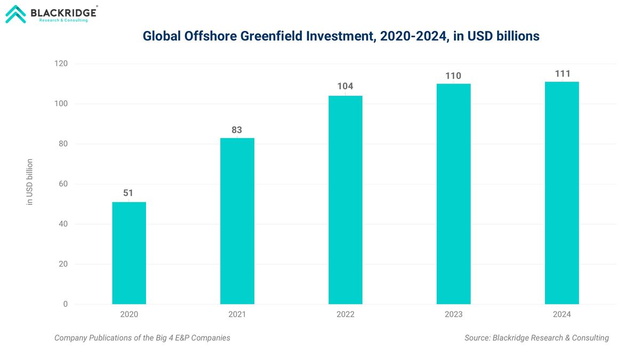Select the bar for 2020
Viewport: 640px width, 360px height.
coord(129,253)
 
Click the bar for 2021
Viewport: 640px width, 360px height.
coord(237,221)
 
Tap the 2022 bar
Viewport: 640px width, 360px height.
coord(345,200)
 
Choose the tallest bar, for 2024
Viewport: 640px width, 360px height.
coord(562,193)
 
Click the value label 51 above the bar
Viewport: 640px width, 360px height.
coord(129,193)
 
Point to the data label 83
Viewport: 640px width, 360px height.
coord(237,130)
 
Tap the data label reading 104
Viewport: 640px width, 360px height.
coord(345,86)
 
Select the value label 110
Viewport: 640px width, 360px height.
coord(453,76)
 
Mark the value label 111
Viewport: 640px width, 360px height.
coord(562,74)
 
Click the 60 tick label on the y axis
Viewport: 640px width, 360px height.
coord(63,184)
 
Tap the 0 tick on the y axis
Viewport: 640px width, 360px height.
coord(66,304)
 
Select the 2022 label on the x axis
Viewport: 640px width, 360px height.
coord(345,315)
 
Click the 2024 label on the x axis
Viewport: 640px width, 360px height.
coord(562,315)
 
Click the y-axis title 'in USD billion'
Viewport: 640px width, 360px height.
coord(30,182)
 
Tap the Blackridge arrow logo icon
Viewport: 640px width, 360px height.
coord(15,14)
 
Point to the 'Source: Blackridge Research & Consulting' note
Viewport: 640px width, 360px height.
coord(537,338)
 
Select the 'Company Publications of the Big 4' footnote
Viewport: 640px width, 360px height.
coord(142,338)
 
